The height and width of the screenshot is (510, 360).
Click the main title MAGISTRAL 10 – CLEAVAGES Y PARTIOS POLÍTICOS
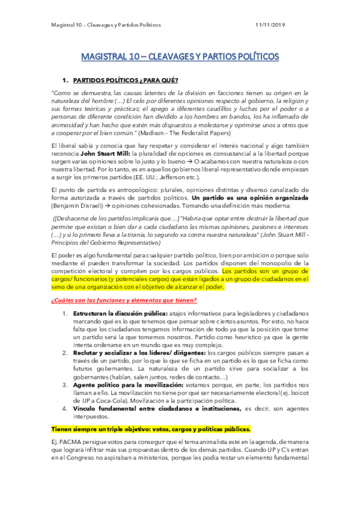pyautogui.click(x=180, y=57)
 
